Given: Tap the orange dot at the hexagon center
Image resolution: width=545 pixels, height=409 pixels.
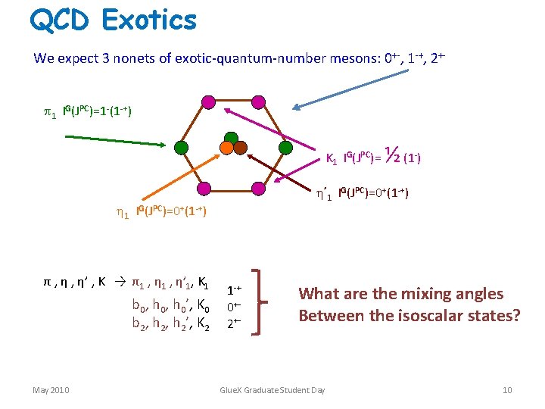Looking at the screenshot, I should point(226,148).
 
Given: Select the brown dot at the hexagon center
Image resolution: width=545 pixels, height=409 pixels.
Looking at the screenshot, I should point(240,148).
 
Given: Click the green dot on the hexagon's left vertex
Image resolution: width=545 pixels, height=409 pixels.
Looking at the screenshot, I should point(180,147).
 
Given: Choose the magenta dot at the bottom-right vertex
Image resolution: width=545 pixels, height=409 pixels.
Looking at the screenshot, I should point(258,188).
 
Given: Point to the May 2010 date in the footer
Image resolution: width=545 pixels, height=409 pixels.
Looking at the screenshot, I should point(51,390).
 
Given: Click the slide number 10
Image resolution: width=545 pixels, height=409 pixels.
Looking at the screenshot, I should point(506,390).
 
